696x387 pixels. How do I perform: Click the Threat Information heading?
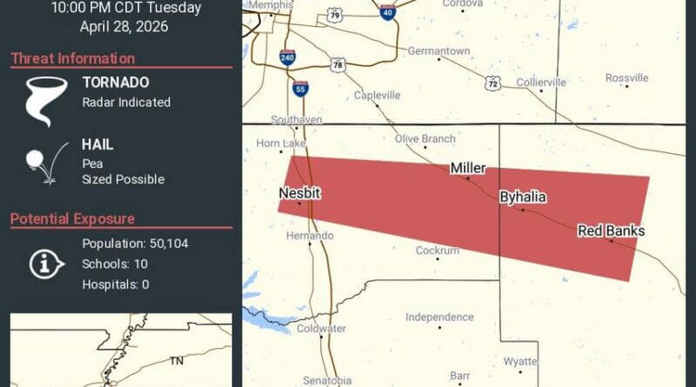(73, 59)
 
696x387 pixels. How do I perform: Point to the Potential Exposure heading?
(72, 219)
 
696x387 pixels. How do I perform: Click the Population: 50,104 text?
(135, 244)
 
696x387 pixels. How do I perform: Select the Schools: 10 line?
(115, 264)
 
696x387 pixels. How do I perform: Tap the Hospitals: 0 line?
(116, 284)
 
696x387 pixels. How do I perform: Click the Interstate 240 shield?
(287, 57)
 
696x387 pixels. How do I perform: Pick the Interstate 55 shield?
(300, 89)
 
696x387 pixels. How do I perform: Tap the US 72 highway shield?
(493, 83)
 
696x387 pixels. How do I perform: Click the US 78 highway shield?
(338, 65)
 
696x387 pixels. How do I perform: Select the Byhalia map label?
(523, 197)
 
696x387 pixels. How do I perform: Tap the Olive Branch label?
(425, 138)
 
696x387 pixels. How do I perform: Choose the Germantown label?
(438, 50)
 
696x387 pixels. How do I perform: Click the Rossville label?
(627, 77)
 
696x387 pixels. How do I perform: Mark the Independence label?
(439, 317)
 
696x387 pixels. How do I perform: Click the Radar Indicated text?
(126, 102)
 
